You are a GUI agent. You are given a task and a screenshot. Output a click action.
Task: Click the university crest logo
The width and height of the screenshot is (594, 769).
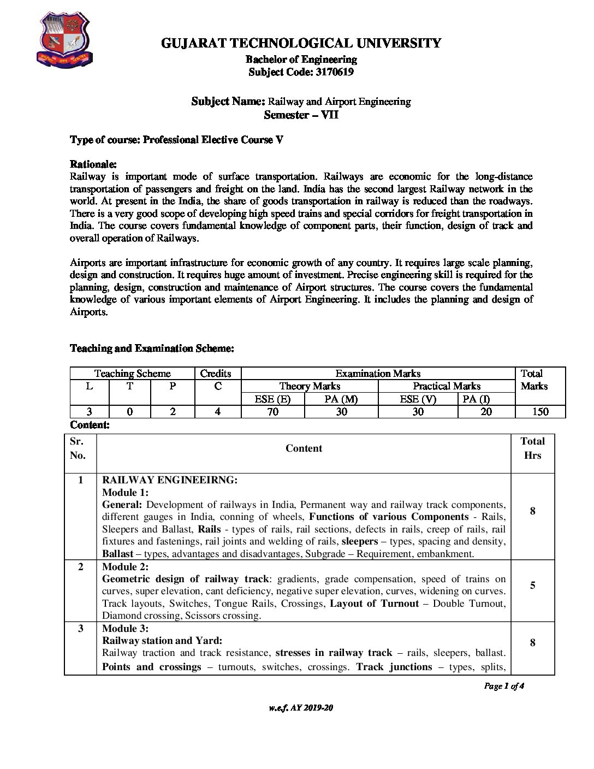tap(64, 40)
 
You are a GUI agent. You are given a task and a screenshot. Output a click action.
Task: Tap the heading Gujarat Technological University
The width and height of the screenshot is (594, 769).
tap(301, 43)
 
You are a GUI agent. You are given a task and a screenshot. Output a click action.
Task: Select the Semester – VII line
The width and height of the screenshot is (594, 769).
tap(301, 115)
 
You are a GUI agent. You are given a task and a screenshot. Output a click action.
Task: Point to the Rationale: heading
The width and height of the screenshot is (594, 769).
tap(93, 164)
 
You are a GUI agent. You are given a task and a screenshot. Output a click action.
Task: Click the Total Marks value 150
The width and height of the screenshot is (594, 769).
tap(540, 412)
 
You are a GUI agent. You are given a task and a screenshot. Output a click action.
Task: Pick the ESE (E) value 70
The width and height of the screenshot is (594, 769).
tap(272, 412)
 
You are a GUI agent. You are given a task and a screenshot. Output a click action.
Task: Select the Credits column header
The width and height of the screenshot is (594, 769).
tap(216, 374)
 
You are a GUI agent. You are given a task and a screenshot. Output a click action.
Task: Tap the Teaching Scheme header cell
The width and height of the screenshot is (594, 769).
tap(132, 374)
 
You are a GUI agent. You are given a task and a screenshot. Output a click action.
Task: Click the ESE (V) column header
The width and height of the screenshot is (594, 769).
tap(418, 399)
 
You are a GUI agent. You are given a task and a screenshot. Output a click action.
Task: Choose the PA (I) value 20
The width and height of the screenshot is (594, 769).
tap(486, 412)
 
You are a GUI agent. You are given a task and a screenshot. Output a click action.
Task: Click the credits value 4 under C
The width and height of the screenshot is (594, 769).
tap(217, 412)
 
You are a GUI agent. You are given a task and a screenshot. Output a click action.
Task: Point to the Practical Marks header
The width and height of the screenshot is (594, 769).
tap(446, 386)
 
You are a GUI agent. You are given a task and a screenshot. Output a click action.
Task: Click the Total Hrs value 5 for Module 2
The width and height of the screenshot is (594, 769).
tap(532, 585)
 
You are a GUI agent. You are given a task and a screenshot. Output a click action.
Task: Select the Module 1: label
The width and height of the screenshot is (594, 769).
tap(125, 492)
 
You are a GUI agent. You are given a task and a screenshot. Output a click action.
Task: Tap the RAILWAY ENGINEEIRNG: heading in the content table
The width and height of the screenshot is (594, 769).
tap(170, 480)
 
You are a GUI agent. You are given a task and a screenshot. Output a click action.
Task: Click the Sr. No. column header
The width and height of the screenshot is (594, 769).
tap(78, 448)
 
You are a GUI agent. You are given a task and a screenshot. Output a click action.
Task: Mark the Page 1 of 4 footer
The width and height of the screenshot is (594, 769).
tap(504, 686)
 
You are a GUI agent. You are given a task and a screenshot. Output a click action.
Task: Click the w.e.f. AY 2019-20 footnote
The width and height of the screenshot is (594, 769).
tap(301, 708)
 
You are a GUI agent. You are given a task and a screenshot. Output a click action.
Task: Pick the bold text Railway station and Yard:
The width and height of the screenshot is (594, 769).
tap(162, 641)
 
